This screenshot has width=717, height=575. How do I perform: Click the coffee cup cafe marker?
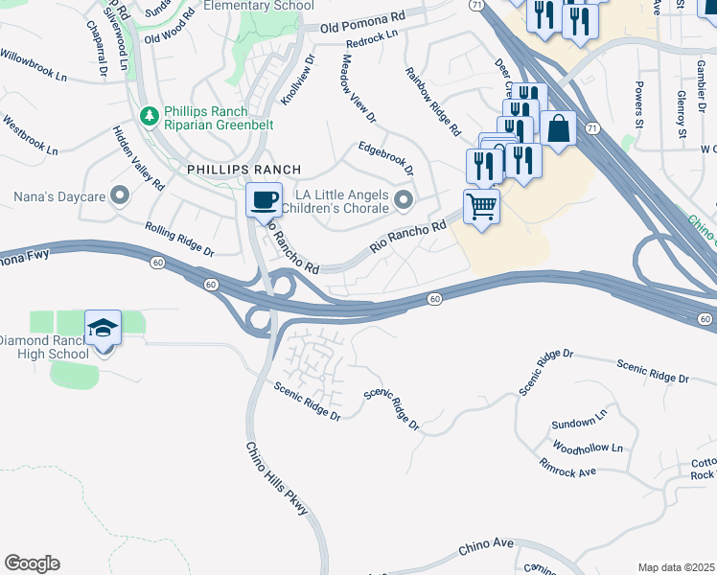[264, 200]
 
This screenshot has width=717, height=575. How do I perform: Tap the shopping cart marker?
[481, 204]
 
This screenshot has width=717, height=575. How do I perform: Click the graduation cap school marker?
[103, 328]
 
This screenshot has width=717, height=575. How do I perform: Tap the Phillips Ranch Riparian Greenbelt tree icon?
[149, 116]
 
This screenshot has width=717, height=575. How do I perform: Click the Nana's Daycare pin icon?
[120, 196]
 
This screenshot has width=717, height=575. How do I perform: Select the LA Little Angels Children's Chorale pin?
[404, 199]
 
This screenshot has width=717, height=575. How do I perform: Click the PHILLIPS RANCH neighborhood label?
[231, 169]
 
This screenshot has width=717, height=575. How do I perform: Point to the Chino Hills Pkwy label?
[277, 479]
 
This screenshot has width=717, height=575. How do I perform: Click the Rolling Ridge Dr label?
[179, 239]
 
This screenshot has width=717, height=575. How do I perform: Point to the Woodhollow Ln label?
[588, 448]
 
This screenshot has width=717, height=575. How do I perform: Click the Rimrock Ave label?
[567, 471]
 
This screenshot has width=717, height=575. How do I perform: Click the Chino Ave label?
[486, 546]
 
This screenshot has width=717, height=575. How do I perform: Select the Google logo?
[32, 563]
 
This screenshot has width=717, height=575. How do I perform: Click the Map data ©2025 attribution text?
[676, 567]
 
